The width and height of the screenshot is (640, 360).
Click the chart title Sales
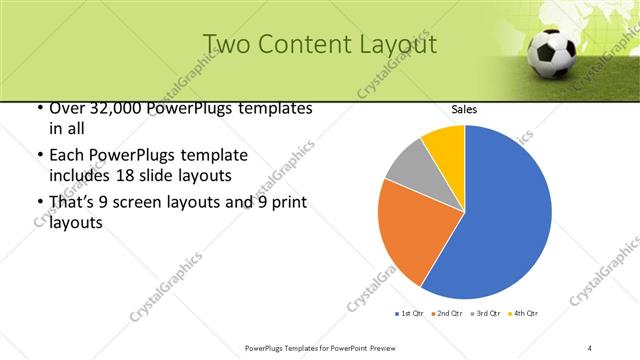point(464,109)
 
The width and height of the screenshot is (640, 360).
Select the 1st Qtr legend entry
point(411,314)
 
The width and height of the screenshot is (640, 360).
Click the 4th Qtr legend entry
point(526,314)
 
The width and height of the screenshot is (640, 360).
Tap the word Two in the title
point(227,44)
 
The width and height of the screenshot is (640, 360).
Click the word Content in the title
point(305,44)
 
